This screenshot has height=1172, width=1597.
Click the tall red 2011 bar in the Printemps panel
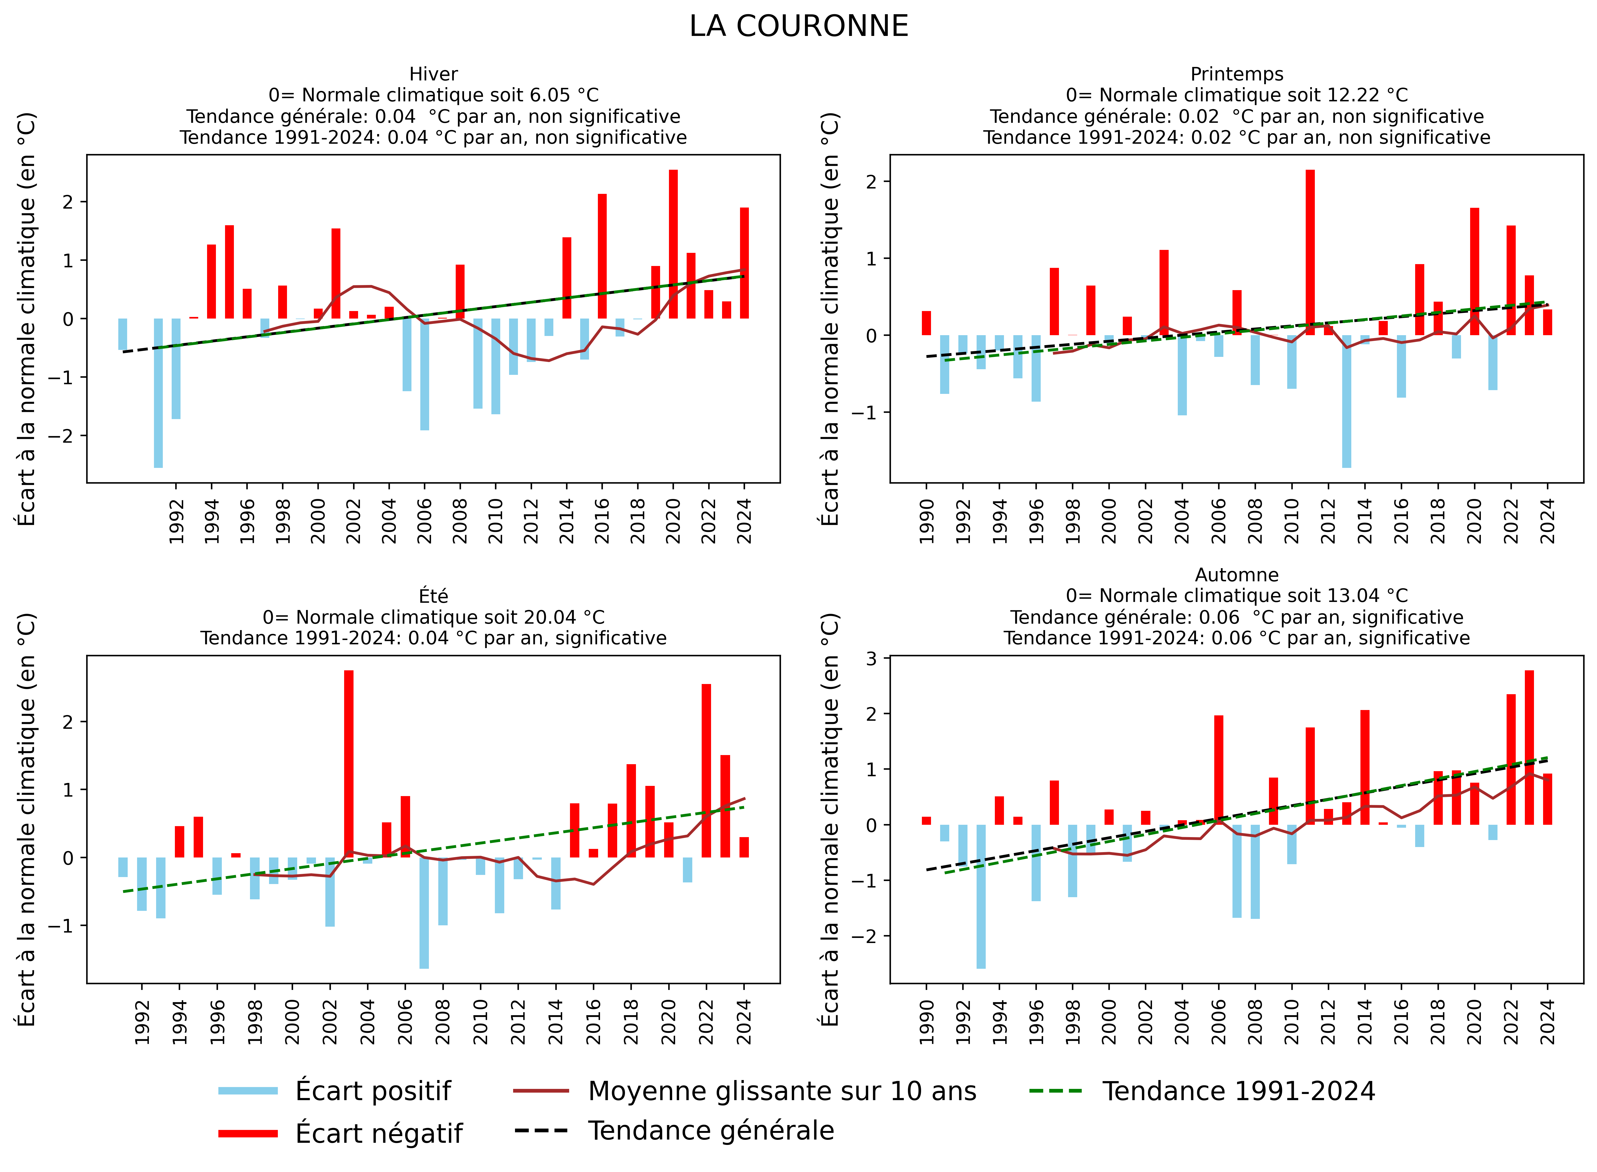1309,252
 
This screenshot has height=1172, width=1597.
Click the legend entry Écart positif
373,1091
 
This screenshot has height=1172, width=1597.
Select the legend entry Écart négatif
378,1133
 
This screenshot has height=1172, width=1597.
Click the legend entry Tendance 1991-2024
1239,1091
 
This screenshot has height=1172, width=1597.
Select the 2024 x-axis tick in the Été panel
744,1022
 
